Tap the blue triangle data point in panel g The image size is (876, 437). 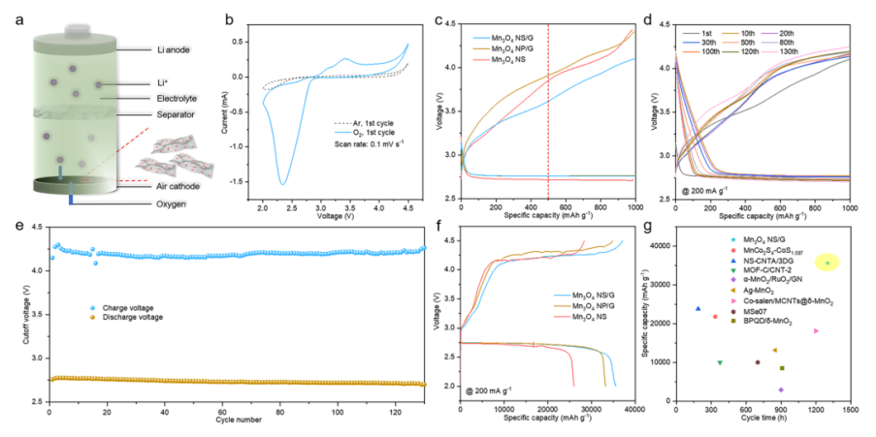click(x=698, y=309)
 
